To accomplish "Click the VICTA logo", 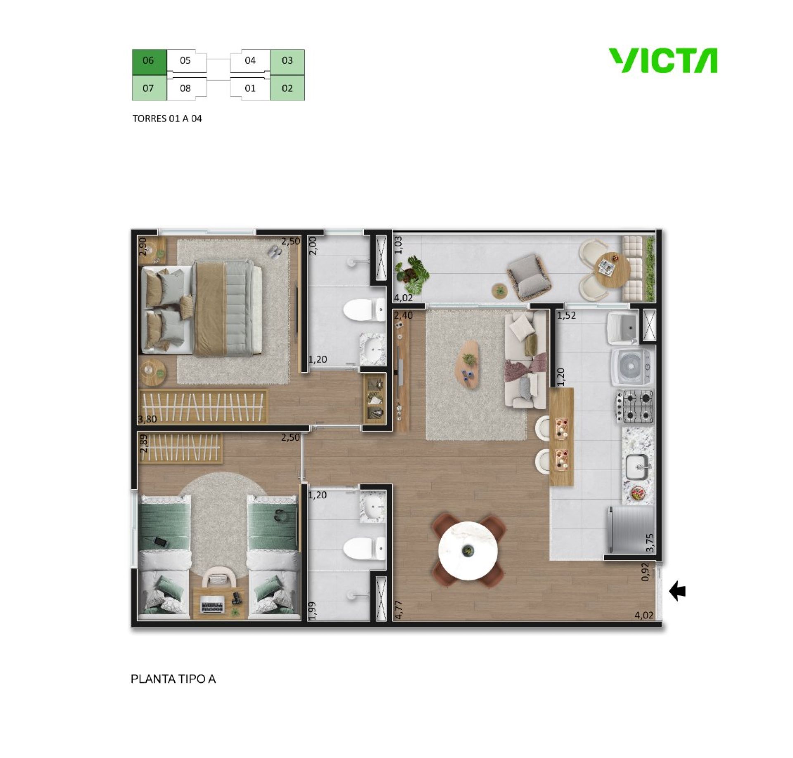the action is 663,61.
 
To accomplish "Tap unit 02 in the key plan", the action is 287,88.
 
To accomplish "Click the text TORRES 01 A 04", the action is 167,119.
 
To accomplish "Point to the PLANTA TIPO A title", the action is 173,679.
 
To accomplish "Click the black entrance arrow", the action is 677,591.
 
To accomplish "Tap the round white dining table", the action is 468,551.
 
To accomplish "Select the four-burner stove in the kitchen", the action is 635,407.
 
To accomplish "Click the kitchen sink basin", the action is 639,467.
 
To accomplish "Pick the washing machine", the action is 633,365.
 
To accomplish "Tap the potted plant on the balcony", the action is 411,274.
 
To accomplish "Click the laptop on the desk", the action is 212,606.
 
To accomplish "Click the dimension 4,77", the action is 399,610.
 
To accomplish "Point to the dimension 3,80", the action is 147,419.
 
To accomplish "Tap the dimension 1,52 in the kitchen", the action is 566,316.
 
